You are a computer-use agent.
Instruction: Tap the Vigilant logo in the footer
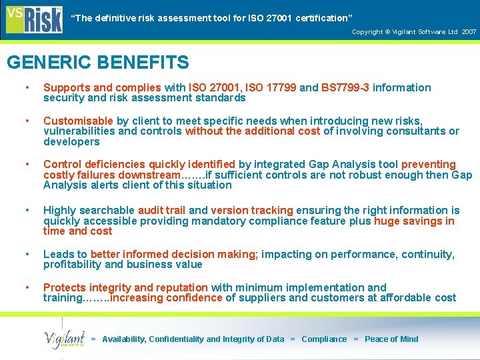coord(64,339)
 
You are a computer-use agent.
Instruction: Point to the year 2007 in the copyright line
coord(469,32)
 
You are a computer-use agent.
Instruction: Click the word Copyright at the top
coord(367,32)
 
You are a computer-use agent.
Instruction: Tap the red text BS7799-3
coord(345,87)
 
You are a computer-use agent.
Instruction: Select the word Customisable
coord(78,121)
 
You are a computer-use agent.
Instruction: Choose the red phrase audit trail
coord(162,211)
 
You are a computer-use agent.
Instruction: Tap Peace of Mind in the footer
coord(391,339)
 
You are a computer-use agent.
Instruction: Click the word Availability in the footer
coord(124,339)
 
